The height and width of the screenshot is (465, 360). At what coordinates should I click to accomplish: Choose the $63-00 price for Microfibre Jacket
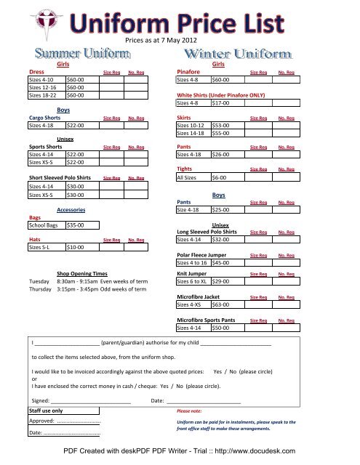(x=220, y=306)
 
